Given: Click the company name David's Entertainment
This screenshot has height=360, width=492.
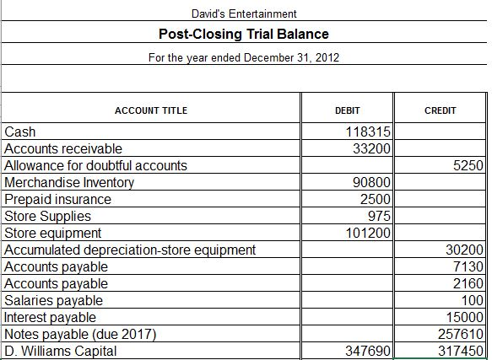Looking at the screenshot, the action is pyautogui.click(x=243, y=14).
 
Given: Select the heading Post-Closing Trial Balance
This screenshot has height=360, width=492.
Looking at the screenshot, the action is pyautogui.click(x=243, y=35).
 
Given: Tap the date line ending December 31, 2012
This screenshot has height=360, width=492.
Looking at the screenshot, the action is pyautogui.click(x=243, y=57).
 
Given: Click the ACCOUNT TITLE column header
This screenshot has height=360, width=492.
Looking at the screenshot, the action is pyautogui.click(x=151, y=110).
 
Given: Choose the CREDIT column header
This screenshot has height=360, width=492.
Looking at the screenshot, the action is pyautogui.click(x=441, y=110).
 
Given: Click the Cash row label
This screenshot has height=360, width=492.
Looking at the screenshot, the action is pyautogui.click(x=20, y=132).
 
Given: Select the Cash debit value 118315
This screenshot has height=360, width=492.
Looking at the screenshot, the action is pyautogui.click(x=367, y=132).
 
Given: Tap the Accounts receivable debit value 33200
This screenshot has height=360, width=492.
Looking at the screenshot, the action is pyautogui.click(x=370, y=148).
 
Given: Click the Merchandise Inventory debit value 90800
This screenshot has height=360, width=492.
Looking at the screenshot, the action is pyautogui.click(x=370, y=182).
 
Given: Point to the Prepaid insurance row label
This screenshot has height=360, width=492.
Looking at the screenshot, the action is pyautogui.click(x=58, y=199).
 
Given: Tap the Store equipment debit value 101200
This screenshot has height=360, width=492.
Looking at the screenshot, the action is pyautogui.click(x=367, y=233).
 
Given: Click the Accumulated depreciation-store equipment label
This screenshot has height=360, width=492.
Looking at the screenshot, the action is pyautogui.click(x=130, y=250).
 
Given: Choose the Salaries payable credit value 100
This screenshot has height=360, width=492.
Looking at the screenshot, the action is pyautogui.click(x=473, y=300).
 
